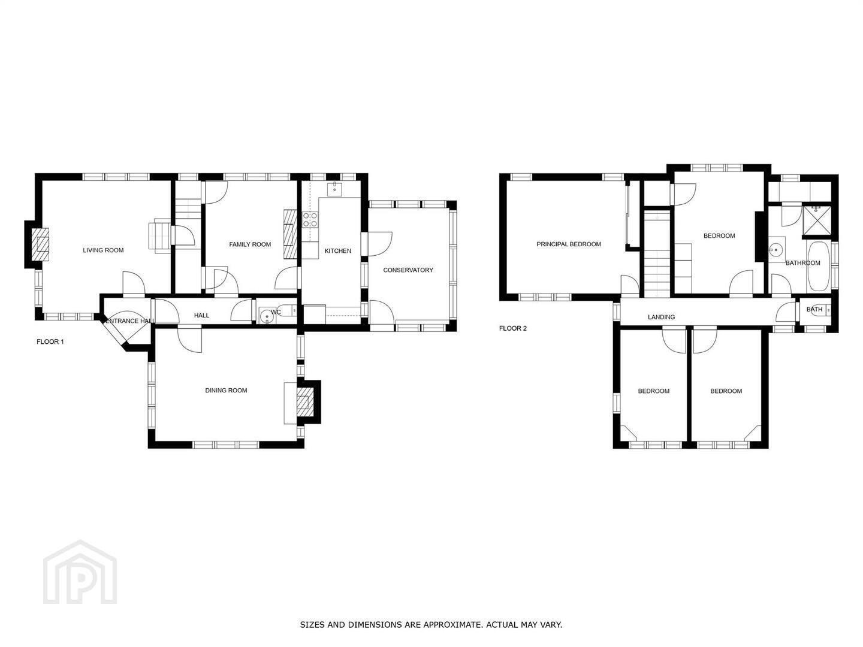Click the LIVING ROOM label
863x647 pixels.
pyautogui.click(x=103, y=250)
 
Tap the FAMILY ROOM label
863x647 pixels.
pyautogui.click(x=250, y=244)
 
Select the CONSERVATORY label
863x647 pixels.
pyautogui.click(x=408, y=270)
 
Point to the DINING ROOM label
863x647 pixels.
pyautogui.click(x=226, y=390)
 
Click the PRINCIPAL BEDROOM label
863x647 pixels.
pyautogui.click(x=569, y=244)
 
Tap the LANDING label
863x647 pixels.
pyautogui.click(x=661, y=317)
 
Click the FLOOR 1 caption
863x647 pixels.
pyautogui.click(x=50, y=341)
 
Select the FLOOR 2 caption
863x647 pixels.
pyautogui.click(x=512, y=328)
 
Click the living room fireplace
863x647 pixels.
pyautogui.click(x=41, y=244)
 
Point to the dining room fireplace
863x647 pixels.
pyautogui.click(x=305, y=402)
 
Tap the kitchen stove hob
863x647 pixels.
pyautogui.click(x=310, y=220)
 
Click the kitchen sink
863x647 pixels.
pyautogui.click(x=334, y=189)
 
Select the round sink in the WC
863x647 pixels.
pyautogui.click(x=267, y=315)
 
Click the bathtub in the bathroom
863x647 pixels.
pyautogui.click(x=818, y=266)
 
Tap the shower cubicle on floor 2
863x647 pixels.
pyautogui.click(x=817, y=221)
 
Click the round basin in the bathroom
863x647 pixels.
pyautogui.click(x=777, y=249)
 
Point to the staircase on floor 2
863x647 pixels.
pyautogui.click(x=657, y=253)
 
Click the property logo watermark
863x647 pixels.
pyautogui.click(x=80, y=572)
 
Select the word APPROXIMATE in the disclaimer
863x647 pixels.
pyautogui.click(x=453, y=624)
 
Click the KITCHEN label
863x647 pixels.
pyautogui.click(x=338, y=250)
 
